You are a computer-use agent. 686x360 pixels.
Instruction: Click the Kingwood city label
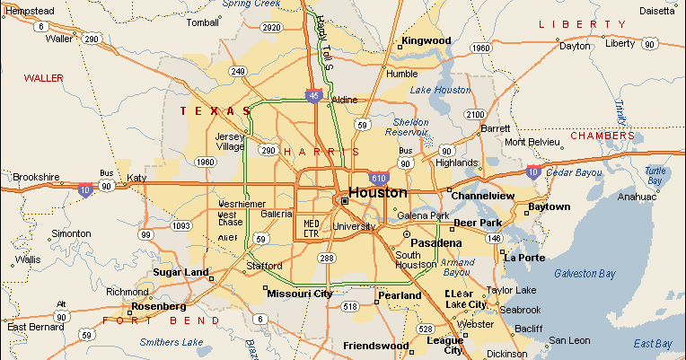pyautogui.click(x=426, y=40)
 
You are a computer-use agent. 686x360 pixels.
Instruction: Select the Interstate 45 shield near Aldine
pyautogui.click(x=312, y=95)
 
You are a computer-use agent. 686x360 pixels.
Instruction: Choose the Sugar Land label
pyautogui.click(x=180, y=272)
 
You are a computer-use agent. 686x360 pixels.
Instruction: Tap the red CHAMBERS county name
pyautogui.click(x=602, y=136)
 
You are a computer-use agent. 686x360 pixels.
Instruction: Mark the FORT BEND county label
pyautogui.click(x=162, y=320)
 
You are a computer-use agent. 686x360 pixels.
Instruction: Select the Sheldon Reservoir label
pyautogui.click(x=412, y=127)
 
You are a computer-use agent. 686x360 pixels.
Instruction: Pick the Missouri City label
pyautogui.click(x=299, y=294)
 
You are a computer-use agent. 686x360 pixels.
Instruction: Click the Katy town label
pyautogui.click(x=136, y=178)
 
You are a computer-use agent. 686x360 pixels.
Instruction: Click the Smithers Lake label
pyautogui.click(x=171, y=342)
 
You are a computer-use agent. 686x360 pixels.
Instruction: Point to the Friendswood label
pyautogui.click(x=376, y=346)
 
